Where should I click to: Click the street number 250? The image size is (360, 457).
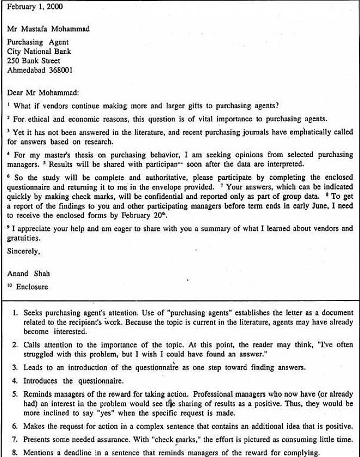pos(14,61)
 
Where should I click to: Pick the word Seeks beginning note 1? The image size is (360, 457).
pos(33,314)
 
